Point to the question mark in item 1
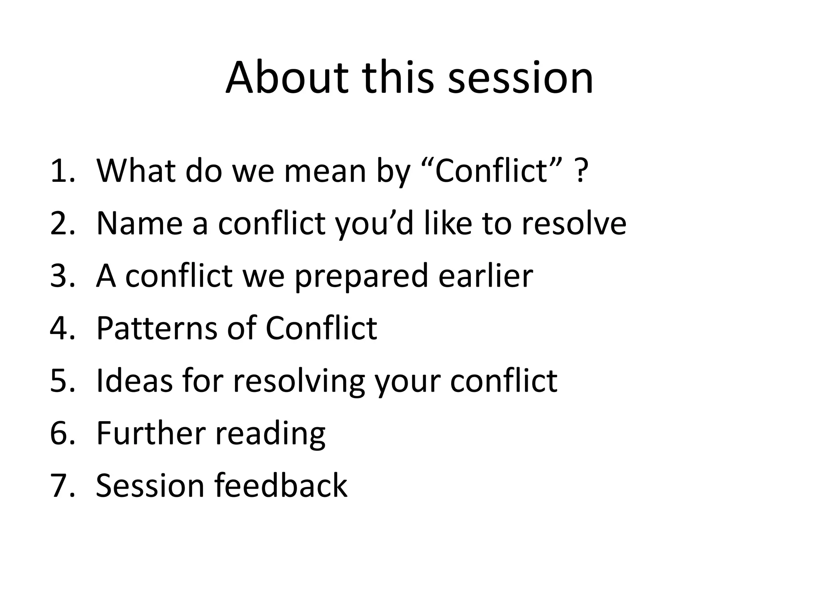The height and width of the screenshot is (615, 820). pyautogui.click(x=581, y=171)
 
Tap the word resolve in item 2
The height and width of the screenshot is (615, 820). pyautogui.click(x=574, y=223)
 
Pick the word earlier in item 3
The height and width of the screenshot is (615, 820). pyautogui.click(x=486, y=276)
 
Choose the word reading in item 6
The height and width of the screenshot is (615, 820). pyautogui.click(x=271, y=434)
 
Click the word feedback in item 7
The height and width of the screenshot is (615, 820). pyautogui.click(x=281, y=485)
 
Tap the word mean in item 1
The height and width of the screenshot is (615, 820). pyautogui.click(x=325, y=171)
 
